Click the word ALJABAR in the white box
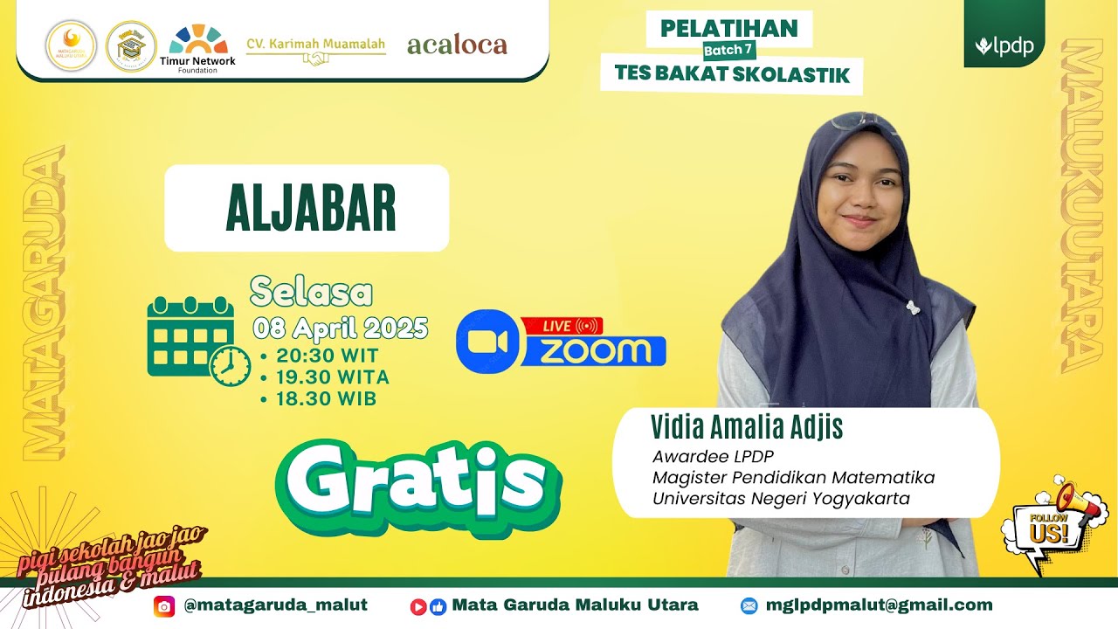(x=310, y=209)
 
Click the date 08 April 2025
(x=341, y=328)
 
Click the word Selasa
(x=311, y=293)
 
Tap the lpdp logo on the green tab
(x=1004, y=46)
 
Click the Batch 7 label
(x=729, y=50)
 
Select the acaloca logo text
(x=457, y=45)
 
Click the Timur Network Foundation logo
(x=198, y=47)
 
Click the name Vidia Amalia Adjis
(x=747, y=428)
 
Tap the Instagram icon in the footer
(x=163, y=605)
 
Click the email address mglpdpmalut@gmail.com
(x=879, y=605)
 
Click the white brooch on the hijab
(x=913, y=308)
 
